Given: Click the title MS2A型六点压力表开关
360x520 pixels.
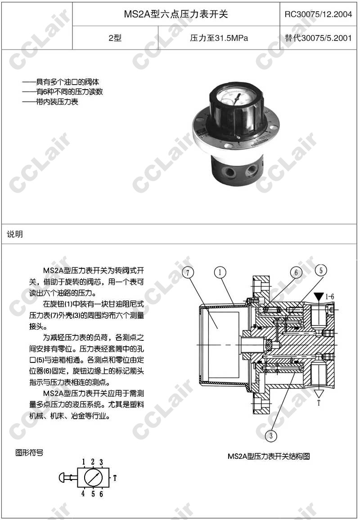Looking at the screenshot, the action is tap(175, 14).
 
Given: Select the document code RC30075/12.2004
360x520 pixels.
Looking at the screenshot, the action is tap(318, 14).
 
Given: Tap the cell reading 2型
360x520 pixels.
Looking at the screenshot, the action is tap(115, 38).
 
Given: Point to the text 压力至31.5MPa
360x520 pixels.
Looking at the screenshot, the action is tap(219, 38).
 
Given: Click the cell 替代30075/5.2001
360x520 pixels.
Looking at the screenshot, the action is tap(318, 38).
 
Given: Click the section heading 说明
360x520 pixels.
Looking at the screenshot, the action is tap(15, 234).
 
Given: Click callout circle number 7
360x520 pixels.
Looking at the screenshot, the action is tap(188, 272).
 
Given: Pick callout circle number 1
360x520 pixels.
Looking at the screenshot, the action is tap(220, 272).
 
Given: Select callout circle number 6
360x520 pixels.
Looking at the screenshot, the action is tap(296, 272).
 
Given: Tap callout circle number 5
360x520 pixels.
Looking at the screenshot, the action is tap(320, 270).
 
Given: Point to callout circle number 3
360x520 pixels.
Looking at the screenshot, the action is tap(271, 435).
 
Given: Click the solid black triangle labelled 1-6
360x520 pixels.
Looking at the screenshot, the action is tap(319, 297).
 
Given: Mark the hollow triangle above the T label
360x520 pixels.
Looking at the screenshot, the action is tap(319, 393).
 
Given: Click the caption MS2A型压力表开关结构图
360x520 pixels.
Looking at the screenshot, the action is tap(269, 457).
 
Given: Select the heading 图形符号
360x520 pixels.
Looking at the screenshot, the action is tap(29, 452).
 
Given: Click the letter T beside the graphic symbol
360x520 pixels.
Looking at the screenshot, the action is tap(115, 478).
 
